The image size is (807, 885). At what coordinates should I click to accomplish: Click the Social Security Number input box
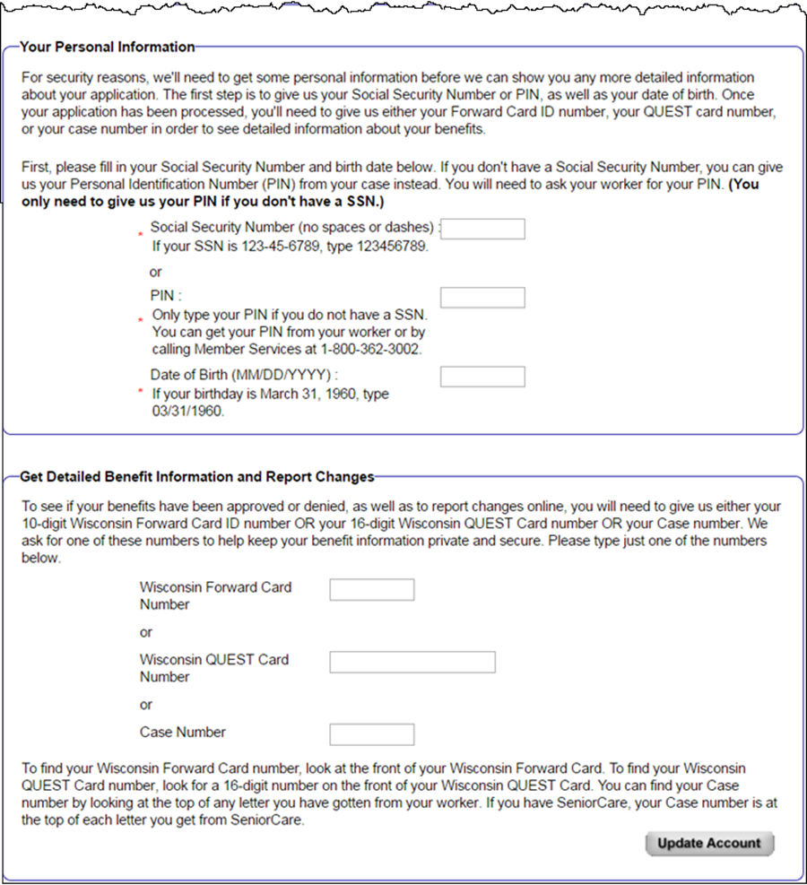[x=482, y=229]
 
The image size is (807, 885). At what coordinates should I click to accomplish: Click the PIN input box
[x=482, y=298]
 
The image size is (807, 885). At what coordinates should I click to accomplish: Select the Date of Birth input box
[x=482, y=376]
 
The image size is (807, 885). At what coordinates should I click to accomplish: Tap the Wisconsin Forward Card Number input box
[x=372, y=589]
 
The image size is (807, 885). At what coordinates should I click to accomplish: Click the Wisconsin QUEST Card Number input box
[x=412, y=662]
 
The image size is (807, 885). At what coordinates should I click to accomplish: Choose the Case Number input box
[x=372, y=734]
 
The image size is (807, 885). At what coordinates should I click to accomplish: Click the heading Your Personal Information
[x=108, y=47]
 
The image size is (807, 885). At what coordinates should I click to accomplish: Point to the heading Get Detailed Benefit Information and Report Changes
[x=197, y=477]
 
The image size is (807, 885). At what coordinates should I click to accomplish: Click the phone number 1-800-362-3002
[x=369, y=349]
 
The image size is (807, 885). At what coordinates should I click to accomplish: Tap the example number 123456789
[x=386, y=247]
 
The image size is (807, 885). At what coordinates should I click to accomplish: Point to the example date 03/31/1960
[x=187, y=412]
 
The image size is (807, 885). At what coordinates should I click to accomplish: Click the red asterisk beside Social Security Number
[x=141, y=236]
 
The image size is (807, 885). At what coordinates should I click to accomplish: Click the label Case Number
[x=183, y=733]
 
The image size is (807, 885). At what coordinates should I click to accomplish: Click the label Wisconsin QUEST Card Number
[x=214, y=668]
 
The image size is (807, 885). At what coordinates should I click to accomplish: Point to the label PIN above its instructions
[x=161, y=296]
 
